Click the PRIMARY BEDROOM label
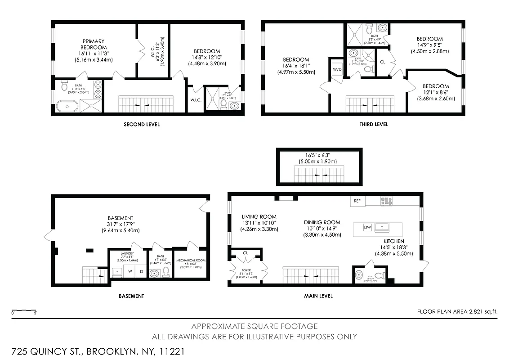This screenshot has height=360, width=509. click(x=94, y=44)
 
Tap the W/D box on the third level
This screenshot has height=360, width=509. click(x=337, y=69)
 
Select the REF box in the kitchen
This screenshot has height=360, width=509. click(x=357, y=201)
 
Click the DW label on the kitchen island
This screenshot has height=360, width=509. click(x=367, y=227)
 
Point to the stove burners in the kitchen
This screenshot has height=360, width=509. click(x=386, y=201)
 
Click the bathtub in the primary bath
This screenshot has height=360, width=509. click(x=67, y=106)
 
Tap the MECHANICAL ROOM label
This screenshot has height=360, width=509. click(x=191, y=261)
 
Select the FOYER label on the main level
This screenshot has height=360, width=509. click(x=246, y=271)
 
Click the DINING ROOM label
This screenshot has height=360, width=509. click(x=322, y=222)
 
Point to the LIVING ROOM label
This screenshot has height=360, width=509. click(x=259, y=217)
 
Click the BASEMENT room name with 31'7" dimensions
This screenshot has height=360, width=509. click(x=121, y=218)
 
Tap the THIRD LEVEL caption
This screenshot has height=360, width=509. click(x=374, y=124)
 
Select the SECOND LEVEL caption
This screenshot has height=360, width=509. click(x=142, y=124)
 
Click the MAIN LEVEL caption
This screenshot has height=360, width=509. click(x=318, y=296)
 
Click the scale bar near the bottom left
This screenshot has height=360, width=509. click(x=24, y=310)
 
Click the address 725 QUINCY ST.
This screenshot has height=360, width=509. click(x=47, y=351)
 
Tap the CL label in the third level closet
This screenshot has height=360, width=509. click(x=383, y=62)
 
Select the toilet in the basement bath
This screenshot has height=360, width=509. click(x=165, y=271)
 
